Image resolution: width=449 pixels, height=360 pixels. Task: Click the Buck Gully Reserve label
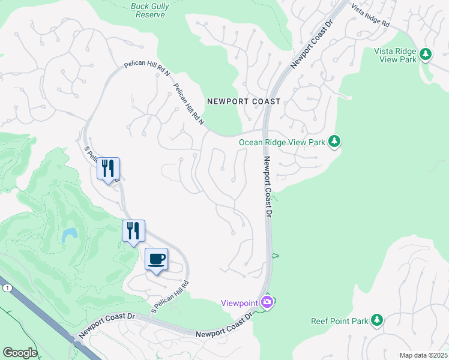coord(148,10)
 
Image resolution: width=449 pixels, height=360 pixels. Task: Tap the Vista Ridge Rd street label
coord(370,17)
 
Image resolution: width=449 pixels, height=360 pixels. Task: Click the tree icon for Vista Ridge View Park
coord(426,55)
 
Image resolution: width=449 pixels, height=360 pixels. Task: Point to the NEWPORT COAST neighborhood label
coord(243,101)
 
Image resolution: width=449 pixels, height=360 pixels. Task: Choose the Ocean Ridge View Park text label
coord(282,142)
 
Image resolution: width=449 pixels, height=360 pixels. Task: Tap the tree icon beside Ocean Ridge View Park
coord(334,142)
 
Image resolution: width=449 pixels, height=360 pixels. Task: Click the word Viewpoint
coord(239,302)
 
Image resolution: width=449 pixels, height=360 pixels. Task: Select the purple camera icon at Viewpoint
coord(267,302)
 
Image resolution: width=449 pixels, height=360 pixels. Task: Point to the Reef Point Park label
coord(339,321)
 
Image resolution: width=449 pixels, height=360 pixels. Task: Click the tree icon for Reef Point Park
coord(377,320)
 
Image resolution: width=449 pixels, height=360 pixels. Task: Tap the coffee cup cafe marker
coord(156,259)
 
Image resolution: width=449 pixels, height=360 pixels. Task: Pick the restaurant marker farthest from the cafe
coord(109,168)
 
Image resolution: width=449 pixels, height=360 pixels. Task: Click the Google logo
coord(20,353)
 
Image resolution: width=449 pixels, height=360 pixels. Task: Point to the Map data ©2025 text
coord(423,355)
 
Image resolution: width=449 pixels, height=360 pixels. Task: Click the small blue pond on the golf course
coord(69,235)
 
